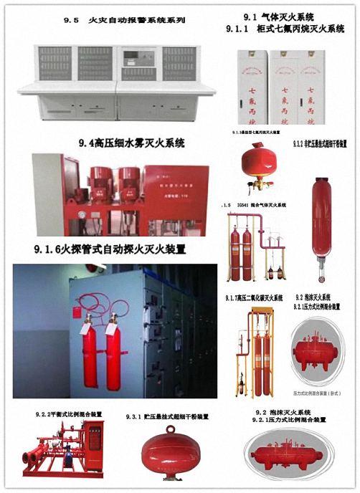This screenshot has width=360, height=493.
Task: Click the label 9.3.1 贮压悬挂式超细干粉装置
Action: (167, 416)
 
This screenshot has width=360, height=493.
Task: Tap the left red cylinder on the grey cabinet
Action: (90, 348)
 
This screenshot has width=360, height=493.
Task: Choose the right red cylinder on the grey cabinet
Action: (113, 348)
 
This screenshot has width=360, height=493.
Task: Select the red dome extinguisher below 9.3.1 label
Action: (167, 451)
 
